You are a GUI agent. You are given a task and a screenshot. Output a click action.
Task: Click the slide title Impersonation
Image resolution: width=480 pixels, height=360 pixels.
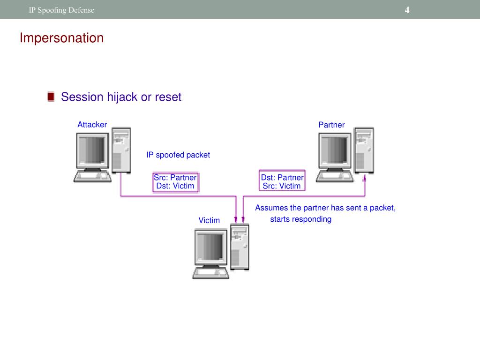(x=61, y=38)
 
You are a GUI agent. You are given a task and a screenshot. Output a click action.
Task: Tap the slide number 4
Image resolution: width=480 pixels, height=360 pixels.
(x=407, y=10)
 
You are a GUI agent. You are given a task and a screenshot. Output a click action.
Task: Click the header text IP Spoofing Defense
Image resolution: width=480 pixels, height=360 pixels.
(x=61, y=10)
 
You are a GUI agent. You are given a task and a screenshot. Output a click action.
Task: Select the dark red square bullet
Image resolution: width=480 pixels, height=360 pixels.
(x=51, y=97)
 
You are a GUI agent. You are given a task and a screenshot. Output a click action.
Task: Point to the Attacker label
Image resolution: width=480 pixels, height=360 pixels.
(x=92, y=125)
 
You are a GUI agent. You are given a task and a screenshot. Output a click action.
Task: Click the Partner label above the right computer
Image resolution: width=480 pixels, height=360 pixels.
(x=331, y=125)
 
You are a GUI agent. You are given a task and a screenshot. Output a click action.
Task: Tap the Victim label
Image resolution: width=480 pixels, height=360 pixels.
(x=209, y=220)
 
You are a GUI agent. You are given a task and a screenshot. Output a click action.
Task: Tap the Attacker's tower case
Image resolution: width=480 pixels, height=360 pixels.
(x=121, y=150)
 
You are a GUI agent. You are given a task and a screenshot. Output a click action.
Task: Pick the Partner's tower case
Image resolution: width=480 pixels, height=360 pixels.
(x=364, y=150)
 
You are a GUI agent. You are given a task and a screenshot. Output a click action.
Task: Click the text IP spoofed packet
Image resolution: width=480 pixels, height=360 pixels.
(x=178, y=155)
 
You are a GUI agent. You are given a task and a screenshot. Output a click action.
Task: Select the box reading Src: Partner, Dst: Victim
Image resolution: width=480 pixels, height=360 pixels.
(x=175, y=182)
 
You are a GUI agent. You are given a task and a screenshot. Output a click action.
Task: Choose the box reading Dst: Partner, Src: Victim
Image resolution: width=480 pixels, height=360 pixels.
(x=282, y=182)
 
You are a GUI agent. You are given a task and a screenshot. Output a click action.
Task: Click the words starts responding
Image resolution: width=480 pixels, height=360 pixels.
(x=300, y=219)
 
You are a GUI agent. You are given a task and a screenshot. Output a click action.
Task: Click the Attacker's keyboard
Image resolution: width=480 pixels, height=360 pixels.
(x=92, y=176)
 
